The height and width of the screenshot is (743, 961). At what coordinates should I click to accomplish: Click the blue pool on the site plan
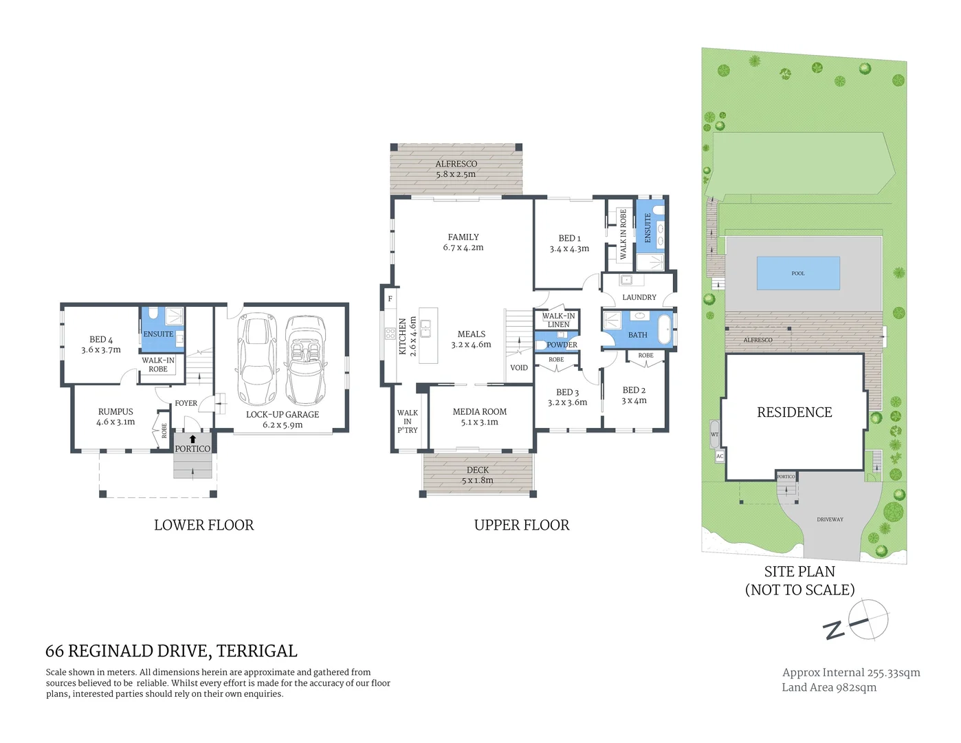tap(797, 273)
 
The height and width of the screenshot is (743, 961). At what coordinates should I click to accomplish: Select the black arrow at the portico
tap(192, 438)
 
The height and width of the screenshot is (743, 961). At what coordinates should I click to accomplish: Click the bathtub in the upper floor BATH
tap(664, 330)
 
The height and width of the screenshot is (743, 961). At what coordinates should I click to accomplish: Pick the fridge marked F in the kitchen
tap(390, 299)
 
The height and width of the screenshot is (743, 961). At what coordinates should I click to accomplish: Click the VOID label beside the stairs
tap(519, 368)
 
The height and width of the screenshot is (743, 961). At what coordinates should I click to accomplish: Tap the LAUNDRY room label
tap(639, 297)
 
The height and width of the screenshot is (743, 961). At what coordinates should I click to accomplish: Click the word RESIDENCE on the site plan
tap(794, 412)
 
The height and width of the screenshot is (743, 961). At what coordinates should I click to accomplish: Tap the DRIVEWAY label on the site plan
tap(830, 519)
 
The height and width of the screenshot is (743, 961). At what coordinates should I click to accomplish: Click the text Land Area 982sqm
tap(829, 687)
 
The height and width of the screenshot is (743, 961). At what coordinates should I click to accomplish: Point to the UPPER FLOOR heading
tap(522, 525)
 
